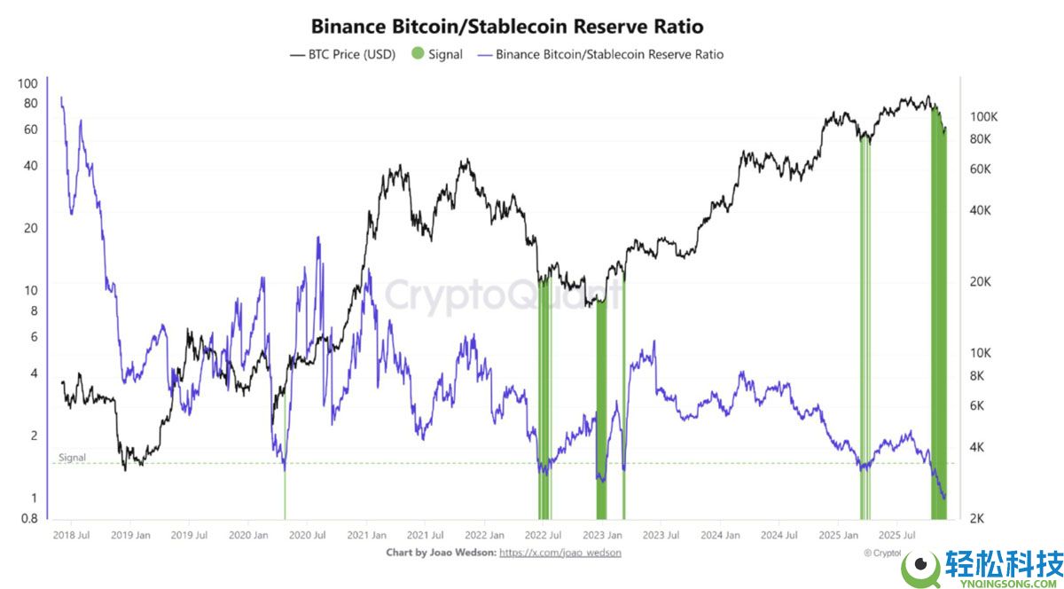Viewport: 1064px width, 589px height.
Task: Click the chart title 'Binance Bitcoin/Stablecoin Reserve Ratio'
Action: tap(506, 27)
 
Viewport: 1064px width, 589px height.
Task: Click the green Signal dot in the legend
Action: tap(418, 54)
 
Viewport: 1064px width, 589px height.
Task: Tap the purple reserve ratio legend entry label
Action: tap(609, 54)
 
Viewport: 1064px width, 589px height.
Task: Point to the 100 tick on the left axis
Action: tap(27, 84)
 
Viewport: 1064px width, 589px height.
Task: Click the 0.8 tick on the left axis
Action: tap(29, 519)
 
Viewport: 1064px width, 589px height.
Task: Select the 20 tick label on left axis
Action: tap(31, 228)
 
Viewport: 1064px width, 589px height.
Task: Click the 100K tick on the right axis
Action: tap(984, 117)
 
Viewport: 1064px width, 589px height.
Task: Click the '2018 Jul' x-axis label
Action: tap(71, 536)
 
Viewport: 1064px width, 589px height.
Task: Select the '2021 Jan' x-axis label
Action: tap(366, 536)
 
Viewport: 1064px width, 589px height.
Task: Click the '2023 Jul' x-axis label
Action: tap(661, 536)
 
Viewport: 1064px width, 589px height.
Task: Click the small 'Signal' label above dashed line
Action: tap(73, 458)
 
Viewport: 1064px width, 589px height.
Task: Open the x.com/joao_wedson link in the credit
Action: tap(560, 553)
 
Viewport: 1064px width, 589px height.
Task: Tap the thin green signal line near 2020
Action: tap(285, 492)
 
